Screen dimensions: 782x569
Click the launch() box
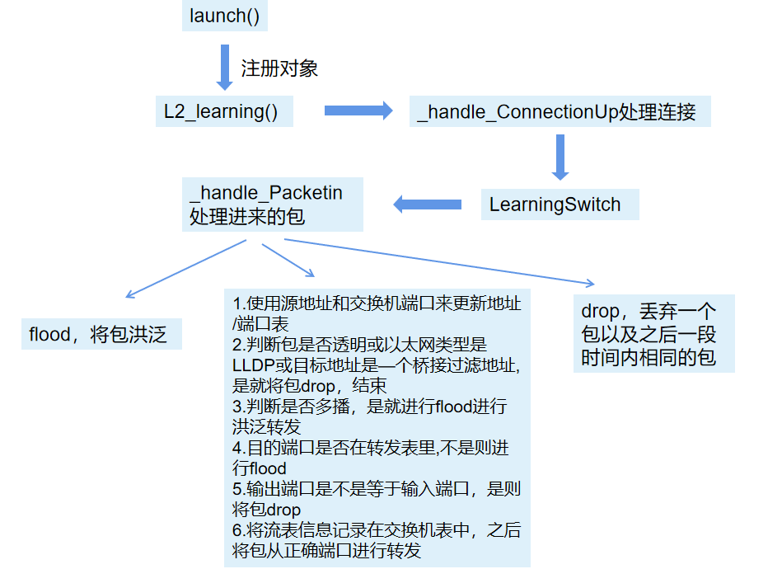[224, 16]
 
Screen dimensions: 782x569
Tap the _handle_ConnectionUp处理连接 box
[560, 111]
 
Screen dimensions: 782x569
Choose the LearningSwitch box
[560, 204]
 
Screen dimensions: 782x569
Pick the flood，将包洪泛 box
[101, 334]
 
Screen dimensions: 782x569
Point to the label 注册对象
[279, 68]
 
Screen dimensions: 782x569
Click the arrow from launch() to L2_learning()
[224, 67]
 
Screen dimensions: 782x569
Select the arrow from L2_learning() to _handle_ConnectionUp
[358, 111]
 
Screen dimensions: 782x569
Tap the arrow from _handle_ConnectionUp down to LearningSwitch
[560, 157]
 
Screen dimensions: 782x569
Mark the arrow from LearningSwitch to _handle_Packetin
[427, 204]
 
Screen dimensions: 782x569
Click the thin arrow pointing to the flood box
[185, 269]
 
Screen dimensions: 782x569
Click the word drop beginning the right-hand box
[600, 312]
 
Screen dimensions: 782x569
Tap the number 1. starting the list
[238, 303]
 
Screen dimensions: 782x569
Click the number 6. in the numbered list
[239, 530]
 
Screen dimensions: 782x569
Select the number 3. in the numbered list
[239, 407]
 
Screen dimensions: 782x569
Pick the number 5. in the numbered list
[239, 489]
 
